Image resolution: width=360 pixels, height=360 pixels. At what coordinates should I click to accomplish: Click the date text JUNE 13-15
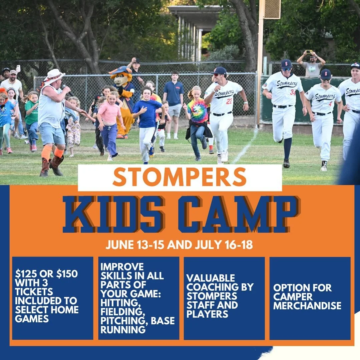tap(135, 245)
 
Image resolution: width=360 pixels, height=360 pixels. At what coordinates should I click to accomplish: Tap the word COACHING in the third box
tap(220, 287)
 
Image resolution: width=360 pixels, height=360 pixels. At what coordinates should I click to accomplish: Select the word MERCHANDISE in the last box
tap(307, 305)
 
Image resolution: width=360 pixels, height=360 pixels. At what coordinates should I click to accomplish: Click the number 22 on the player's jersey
tap(229, 101)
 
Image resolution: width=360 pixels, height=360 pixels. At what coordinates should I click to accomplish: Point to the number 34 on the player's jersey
tap(292, 92)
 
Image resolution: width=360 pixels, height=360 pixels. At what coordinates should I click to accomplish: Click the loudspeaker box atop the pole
tap(272, 9)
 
